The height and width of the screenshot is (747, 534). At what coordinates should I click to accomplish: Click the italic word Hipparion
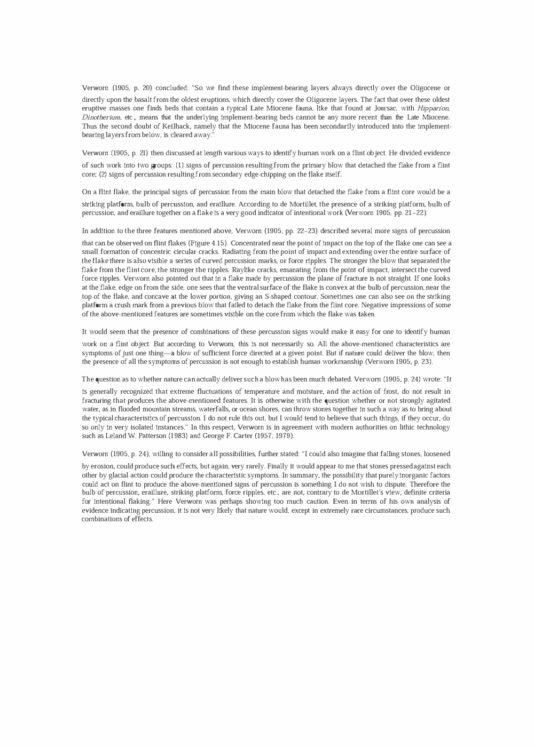click(x=433, y=108)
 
